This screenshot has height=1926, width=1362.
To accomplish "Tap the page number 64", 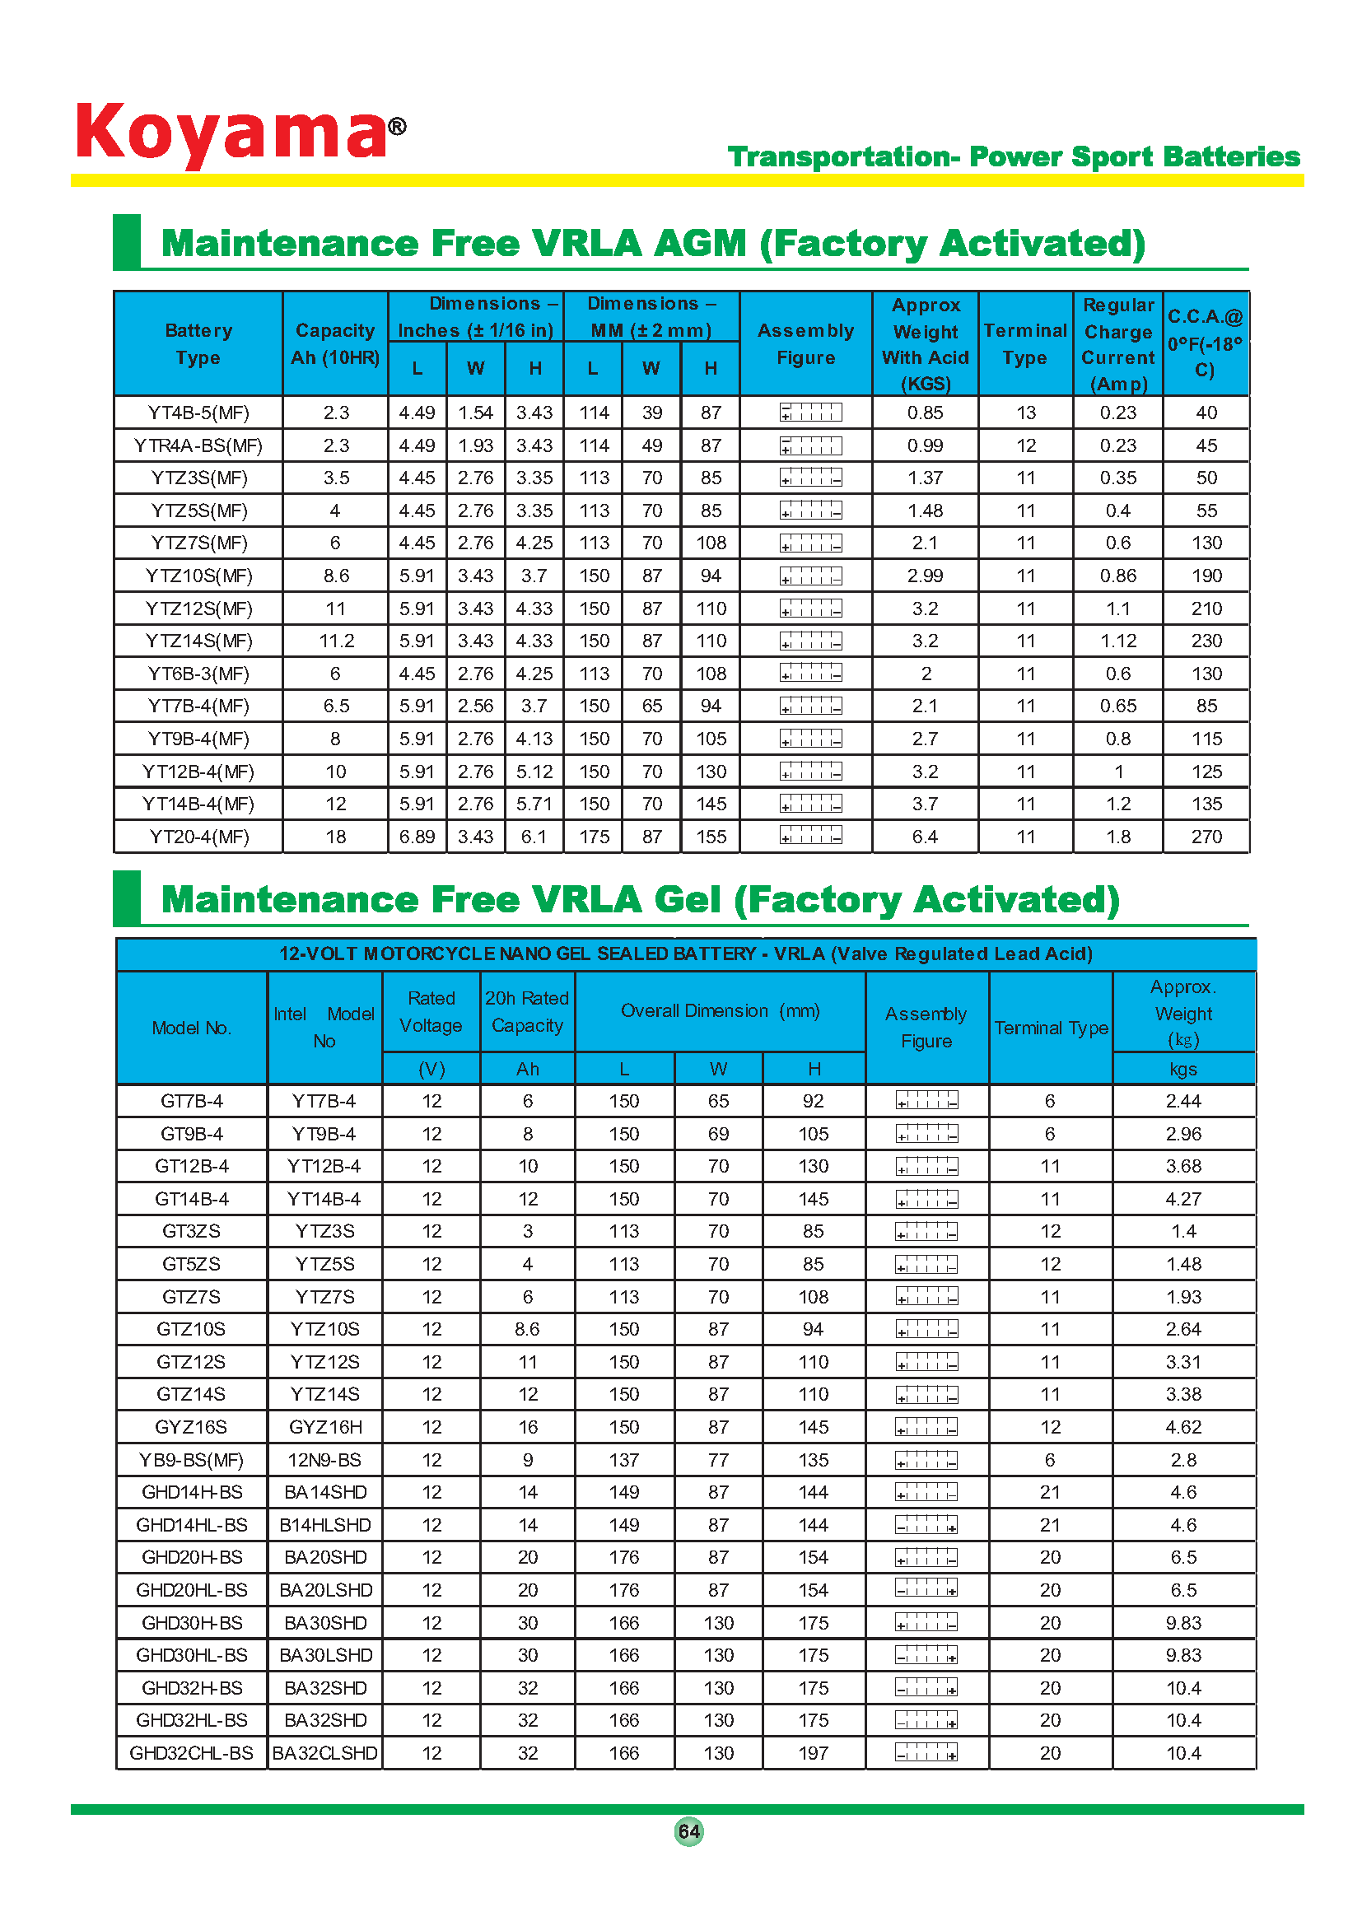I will pyautogui.click(x=688, y=1831).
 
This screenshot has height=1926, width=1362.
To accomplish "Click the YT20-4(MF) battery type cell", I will pyautogui.click(x=198, y=837).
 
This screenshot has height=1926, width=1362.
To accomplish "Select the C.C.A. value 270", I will pyautogui.click(x=1206, y=837).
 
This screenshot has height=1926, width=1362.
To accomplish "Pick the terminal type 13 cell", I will pyautogui.click(x=1026, y=413).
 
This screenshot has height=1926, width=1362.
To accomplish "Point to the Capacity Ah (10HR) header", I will pyautogui.click(x=334, y=344).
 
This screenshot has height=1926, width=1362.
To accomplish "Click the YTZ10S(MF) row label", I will pyautogui.click(x=198, y=576).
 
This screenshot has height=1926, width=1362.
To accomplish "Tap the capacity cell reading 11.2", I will pyautogui.click(x=335, y=641).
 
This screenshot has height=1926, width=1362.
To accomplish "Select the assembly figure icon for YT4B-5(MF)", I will pyautogui.click(x=810, y=413).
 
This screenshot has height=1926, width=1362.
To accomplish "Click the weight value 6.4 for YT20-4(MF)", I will pyautogui.click(x=925, y=837).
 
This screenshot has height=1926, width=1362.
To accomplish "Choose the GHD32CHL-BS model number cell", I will pyautogui.click(x=191, y=1753).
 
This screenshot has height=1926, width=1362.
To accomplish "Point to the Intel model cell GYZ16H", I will pyautogui.click(x=324, y=1427).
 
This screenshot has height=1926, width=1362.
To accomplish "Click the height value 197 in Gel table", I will pyautogui.click(x=813, y=1753).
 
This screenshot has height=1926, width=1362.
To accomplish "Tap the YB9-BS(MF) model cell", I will pyautogui.click(x=191, y=1460).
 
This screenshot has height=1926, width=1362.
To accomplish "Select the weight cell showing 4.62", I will pyautogui.click(x=1183, y=1427).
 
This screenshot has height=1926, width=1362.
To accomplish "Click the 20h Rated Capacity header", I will pyautogui.click(x=527, y=1012).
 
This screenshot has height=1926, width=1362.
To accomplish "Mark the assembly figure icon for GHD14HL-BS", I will pyautogui.click(x=926, y=1525).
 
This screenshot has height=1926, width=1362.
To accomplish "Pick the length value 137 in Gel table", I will pyautogui.click(x=623, y=1460).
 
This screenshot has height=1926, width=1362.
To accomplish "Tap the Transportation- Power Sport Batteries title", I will pyautogui.click(x=1013, y=157).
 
